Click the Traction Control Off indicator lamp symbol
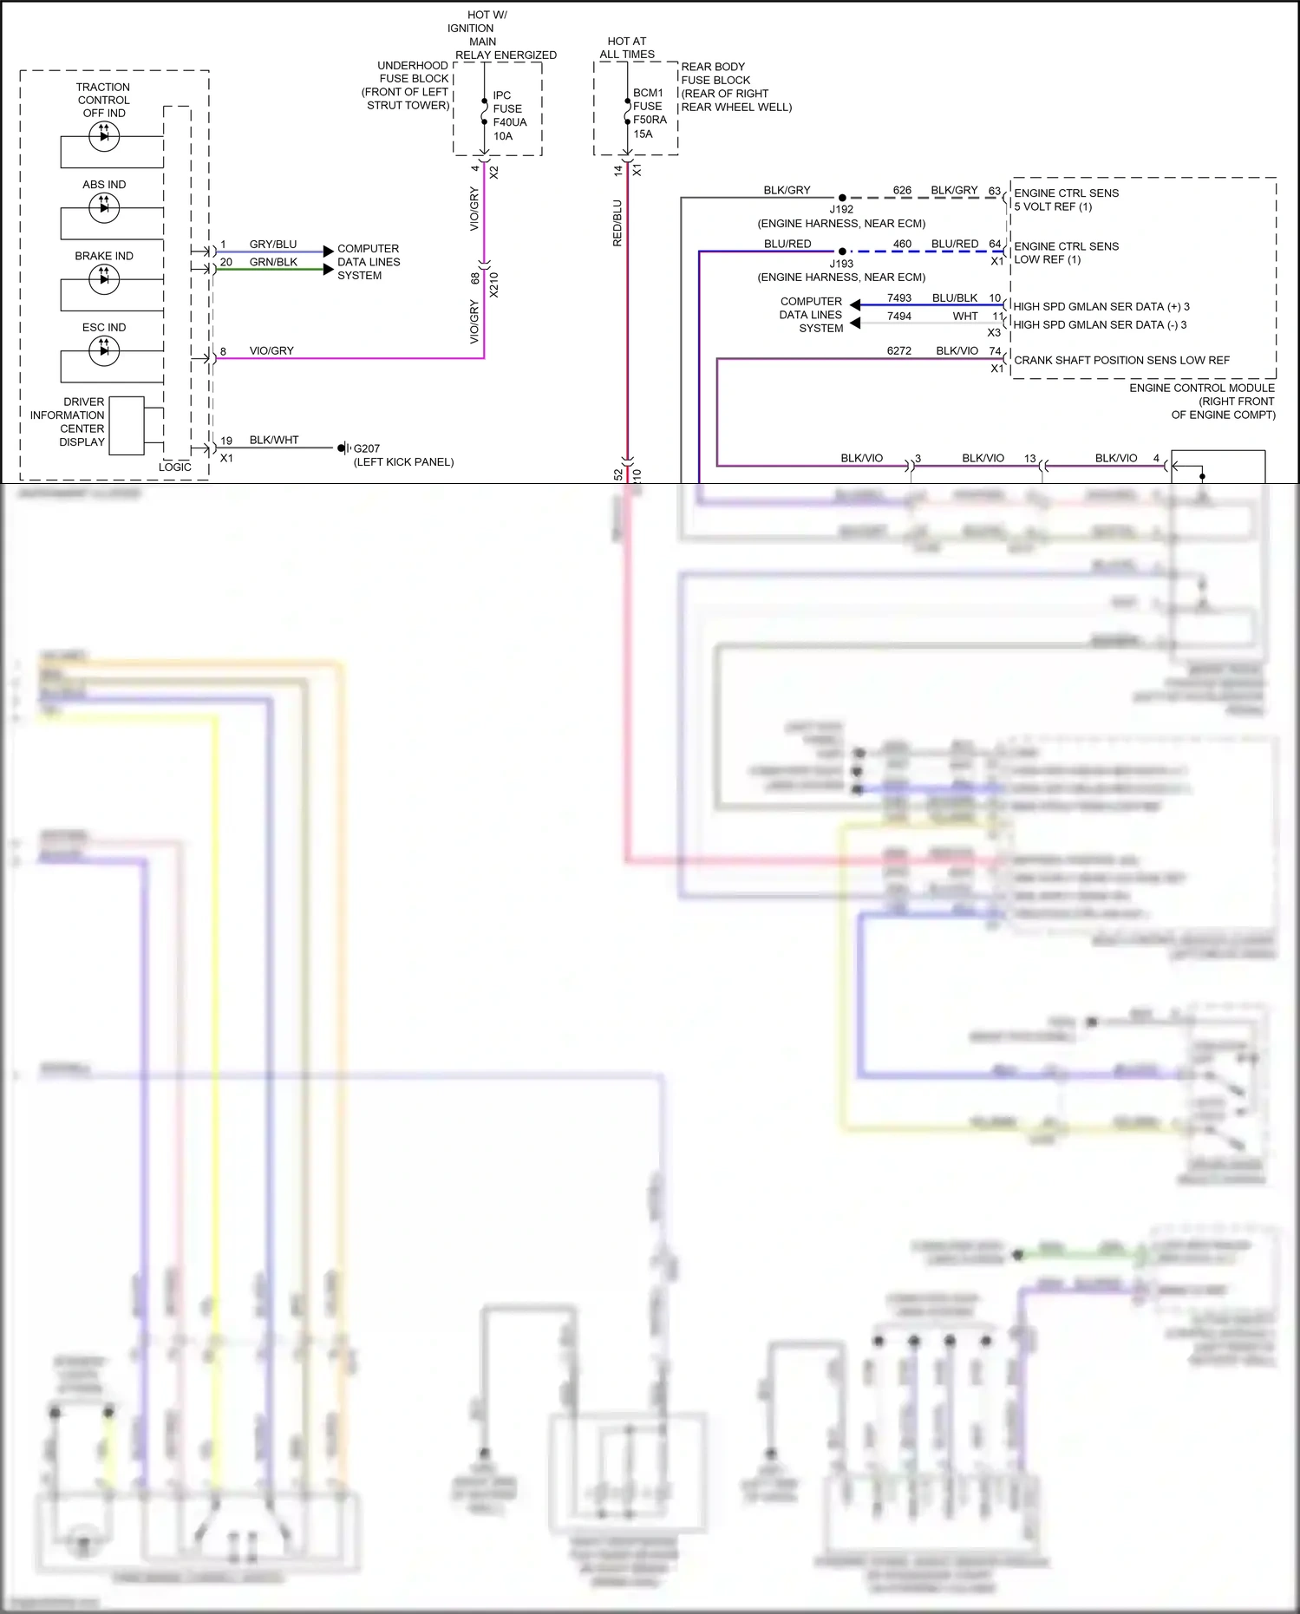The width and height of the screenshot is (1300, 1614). (x=104, y=136)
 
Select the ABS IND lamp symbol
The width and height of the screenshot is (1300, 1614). (x=104, y=207)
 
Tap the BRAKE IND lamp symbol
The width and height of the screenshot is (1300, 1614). (x=104, y=278)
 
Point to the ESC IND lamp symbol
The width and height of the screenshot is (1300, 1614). (x=104, y=350)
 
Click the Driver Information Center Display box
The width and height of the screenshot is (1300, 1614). (x=127, y=425)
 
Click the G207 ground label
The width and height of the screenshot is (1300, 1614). (x=366, y=448)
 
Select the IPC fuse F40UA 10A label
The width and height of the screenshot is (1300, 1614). (x=508, y=115)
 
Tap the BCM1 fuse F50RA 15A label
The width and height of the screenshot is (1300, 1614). (x=650, y=113)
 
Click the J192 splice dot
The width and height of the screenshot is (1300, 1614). (x=842, y=198)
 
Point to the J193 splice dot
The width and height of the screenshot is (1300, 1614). (x=842, y=252)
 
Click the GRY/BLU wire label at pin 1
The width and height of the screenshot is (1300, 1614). (x=272, y=245)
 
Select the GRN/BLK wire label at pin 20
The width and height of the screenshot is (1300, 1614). (x=273, y=262)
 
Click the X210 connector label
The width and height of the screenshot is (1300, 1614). (x=494, y=284)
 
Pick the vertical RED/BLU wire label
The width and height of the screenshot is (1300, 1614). (x=617, y=223)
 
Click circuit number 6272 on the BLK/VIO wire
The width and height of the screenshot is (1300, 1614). (x=898, y=350)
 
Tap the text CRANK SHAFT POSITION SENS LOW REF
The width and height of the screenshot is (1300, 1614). (x=1121, y=360)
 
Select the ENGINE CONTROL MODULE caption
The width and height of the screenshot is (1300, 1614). (x=1201, y=388)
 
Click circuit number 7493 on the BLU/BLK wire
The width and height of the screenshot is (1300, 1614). (x=898, y=297)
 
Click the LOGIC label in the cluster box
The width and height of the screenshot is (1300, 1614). (x=174, y=467)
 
